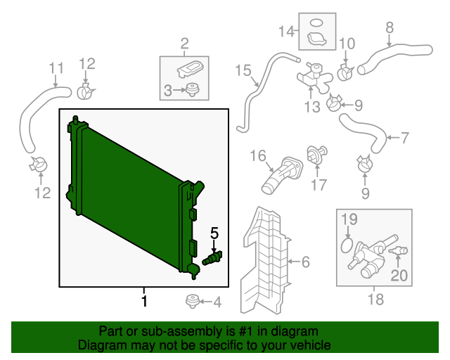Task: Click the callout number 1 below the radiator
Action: [144, 302]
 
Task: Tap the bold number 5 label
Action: [214, 233]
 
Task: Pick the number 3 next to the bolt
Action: [167, 90]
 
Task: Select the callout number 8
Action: [389, 28]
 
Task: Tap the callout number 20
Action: [399, 276]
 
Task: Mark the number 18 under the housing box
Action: [375, 300]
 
